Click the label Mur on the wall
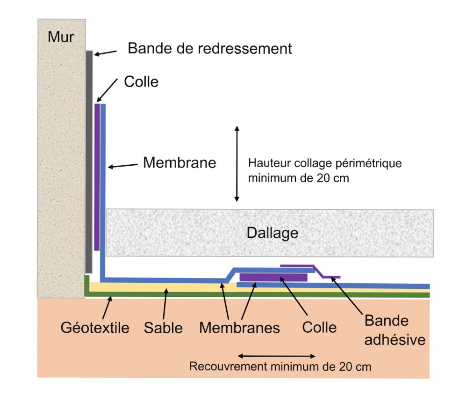pos(61,37)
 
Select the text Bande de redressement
pos(210,48)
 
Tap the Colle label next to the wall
pos(141,82)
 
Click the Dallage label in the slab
pos(273,233)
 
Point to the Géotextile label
pos(95,327)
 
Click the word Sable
pos(163,328)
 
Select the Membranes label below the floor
pos(239,328)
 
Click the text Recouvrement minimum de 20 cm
pos(280,366)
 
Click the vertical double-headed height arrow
pos(237,163)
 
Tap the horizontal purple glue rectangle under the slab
pos(273,277)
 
